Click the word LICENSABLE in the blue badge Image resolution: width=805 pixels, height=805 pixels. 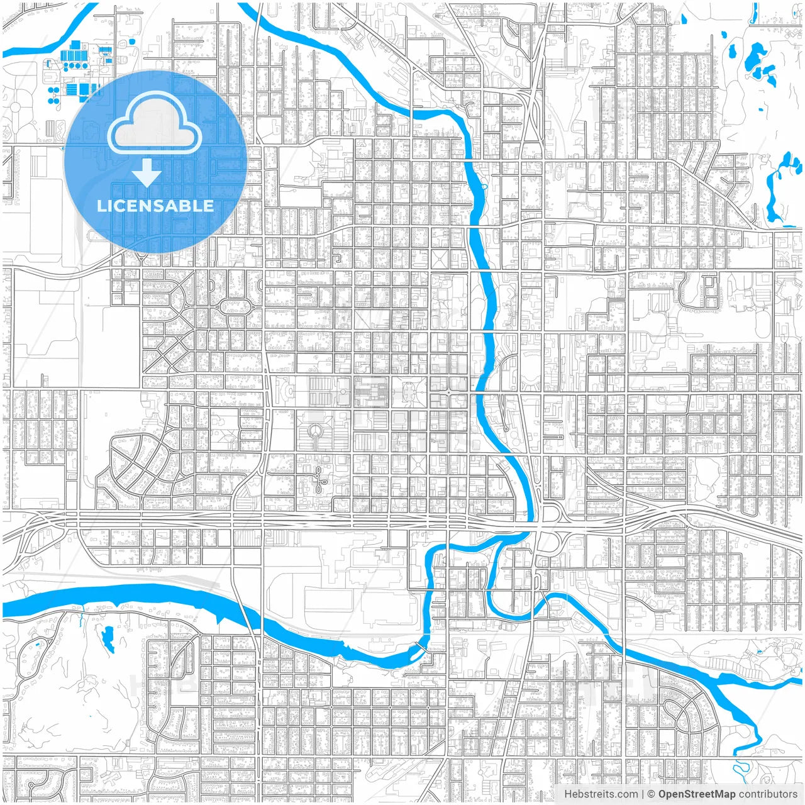tap(155, 206)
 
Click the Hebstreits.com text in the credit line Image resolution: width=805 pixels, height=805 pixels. tap(601, 794)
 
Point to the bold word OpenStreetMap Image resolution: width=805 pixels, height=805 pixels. tap(696, 794)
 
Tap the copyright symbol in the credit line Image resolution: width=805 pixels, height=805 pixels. tap(652, 794)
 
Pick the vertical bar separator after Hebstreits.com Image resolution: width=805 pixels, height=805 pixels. tap(643, 794)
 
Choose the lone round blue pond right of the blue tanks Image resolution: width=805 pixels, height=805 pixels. tap(131, 42)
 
